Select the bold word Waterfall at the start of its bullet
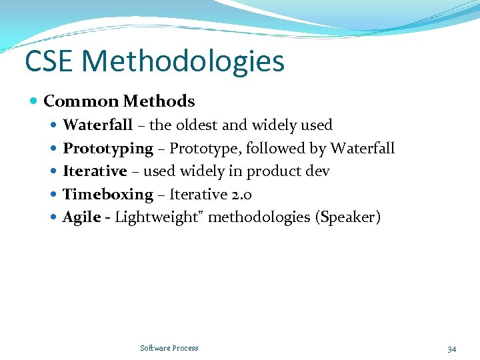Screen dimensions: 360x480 [x=97, y=125]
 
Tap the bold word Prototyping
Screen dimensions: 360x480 [x=108, y=149]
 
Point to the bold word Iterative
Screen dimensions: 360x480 [x=95, y=171]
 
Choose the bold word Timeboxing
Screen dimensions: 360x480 [x=108, y=195]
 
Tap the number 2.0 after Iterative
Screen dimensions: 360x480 [x=241, y=195]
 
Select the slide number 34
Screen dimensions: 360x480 [x=452, y=349]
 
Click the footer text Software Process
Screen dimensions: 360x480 [x=169, y=348]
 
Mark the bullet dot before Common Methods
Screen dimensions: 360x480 [x=34, y=101]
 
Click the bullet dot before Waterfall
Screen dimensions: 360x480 [x=54, y=125]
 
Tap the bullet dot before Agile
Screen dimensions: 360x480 [x=54, y=217]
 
